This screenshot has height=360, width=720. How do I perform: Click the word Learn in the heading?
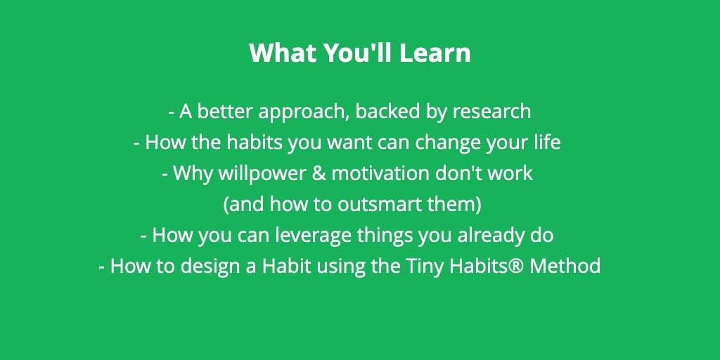click(435, 53)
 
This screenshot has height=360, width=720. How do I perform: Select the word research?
click(491, 112)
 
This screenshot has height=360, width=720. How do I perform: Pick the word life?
click(548, 142)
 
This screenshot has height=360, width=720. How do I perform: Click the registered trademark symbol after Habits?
click(516, 265)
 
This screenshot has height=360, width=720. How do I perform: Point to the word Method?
click(565, 266)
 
